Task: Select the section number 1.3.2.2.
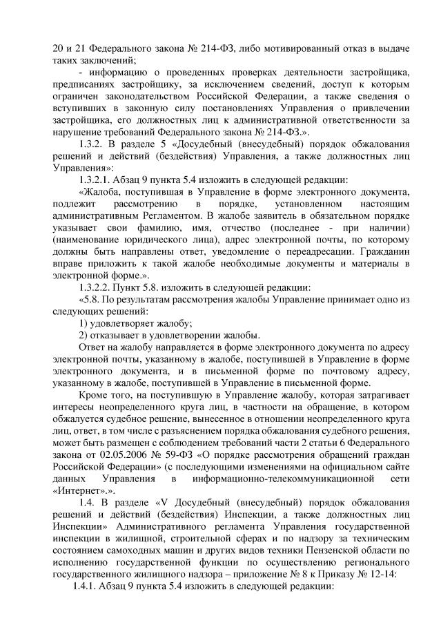[x=100, y=287]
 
